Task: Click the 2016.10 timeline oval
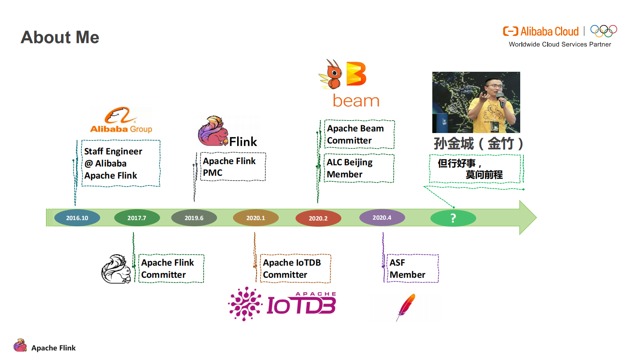[x=77, y=218]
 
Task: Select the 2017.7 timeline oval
[x=137, y=218]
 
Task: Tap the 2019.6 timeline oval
[x=194, y=218]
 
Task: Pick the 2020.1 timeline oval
[x=256, y=218]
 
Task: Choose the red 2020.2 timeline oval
[x=318, y=218]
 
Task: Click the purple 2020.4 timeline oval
[x=382, y=217]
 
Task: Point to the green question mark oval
[x=453, y=218]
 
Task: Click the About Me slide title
[x=60, y=37]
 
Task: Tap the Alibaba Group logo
[x=121, y=120]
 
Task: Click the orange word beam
[x=356, y=101]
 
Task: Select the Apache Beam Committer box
[x=359, y=134]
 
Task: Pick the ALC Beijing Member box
[x=359, y=168]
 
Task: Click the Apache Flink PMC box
[x=233, y=166]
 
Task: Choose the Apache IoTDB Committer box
[x=295, y=268]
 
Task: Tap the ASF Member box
[x=412, y=268]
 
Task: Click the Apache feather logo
[x=407, y=306]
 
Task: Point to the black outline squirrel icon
[x=116, y=269]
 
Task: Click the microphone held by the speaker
[x=500, y=98]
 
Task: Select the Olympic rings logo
[x=603, y=31]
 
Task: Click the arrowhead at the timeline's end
[x=527, y=218]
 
